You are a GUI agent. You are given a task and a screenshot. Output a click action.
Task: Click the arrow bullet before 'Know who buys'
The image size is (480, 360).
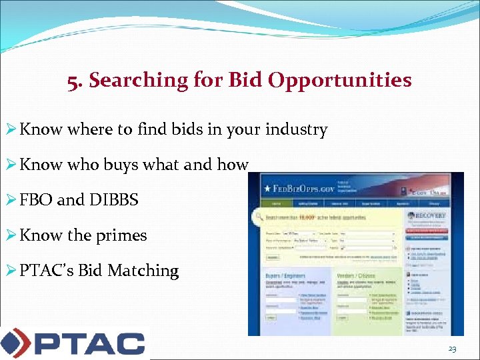11,165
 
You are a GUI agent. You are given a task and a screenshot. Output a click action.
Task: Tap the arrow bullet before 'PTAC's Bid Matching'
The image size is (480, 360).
11,271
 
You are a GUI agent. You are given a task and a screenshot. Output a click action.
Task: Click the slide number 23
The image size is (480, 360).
453,349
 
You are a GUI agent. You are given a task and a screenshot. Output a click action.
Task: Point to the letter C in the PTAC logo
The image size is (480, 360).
127,344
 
